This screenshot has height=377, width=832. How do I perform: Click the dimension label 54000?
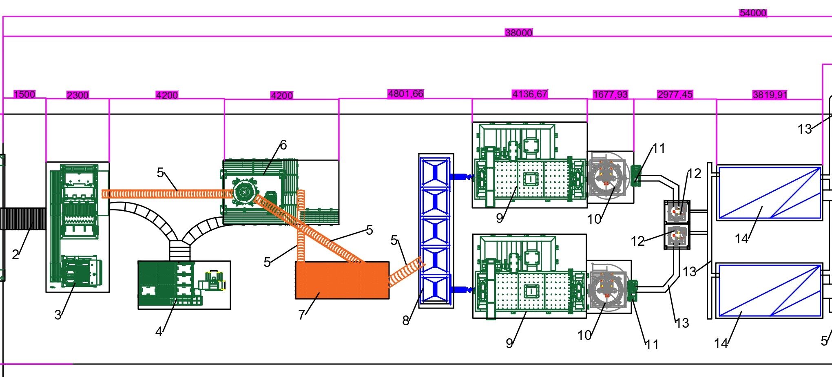coord(753,13)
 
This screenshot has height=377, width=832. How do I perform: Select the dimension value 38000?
coord(518,33)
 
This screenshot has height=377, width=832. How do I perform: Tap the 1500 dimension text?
coord(24,95)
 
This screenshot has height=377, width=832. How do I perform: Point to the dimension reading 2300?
coord(77,95)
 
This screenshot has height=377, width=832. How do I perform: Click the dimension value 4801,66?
coord(405,94)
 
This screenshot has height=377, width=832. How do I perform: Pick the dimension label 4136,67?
coord(530,95)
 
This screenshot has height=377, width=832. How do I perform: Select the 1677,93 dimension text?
coord(610,95)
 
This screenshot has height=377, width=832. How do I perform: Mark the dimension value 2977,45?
coord(675,95)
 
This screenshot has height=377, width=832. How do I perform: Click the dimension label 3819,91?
coord(770,95)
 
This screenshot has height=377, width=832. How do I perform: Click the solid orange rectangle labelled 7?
coord(342,280)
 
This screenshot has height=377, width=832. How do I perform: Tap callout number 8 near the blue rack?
coord(406,321)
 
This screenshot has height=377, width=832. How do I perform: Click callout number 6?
coord(283,145)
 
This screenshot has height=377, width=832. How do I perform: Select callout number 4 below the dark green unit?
coord(159,332)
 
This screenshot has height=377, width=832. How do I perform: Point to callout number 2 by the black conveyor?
coord(15,255)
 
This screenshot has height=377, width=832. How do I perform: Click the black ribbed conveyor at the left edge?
coord(23,219)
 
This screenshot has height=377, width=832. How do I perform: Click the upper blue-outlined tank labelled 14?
coord(769,192)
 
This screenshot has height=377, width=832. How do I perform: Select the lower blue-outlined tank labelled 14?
coord(769,290)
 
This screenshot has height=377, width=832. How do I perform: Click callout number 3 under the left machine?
coord(58,314)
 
